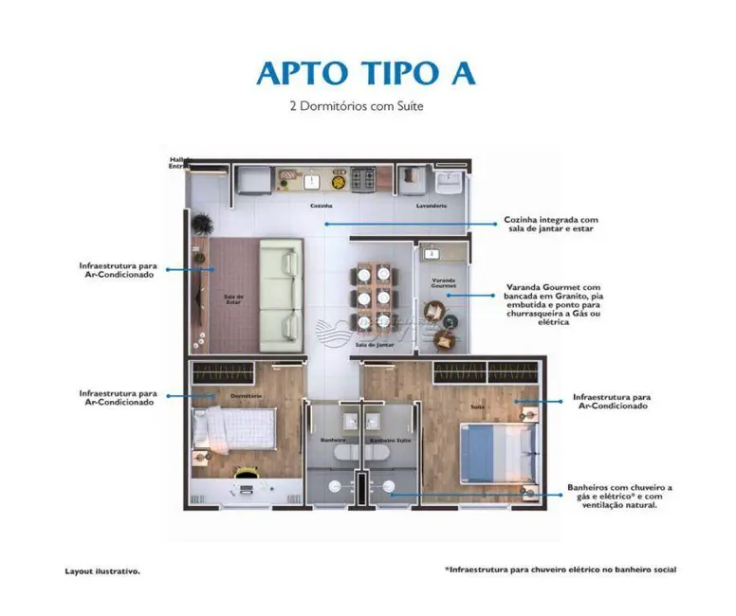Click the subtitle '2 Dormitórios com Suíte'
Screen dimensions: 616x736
point(356,107)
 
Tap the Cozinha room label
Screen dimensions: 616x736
point(321,205)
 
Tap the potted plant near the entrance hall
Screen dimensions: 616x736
point(201,225)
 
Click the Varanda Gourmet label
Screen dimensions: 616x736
point(444,282)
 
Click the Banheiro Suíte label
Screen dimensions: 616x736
point(389,441)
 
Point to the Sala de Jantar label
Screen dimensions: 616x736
point(374,345)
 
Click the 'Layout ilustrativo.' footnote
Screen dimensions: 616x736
point(102,571)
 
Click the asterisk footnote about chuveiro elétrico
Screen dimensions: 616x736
point(561,569)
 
